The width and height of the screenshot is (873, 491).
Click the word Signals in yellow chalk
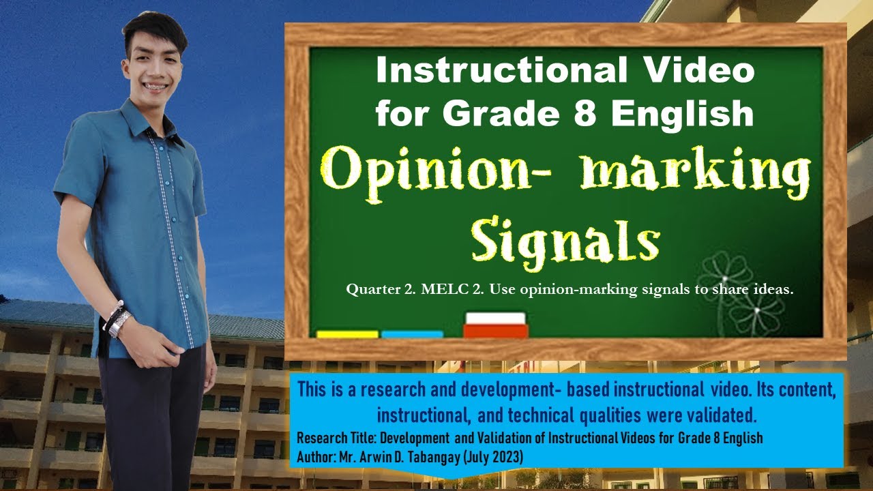(565, 239)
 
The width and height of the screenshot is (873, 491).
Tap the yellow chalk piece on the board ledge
(347, 334)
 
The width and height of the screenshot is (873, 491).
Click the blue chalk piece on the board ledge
(412, 334)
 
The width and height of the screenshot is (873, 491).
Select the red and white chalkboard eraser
(495, 325)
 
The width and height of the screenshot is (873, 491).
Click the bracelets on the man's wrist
(116, 318)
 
